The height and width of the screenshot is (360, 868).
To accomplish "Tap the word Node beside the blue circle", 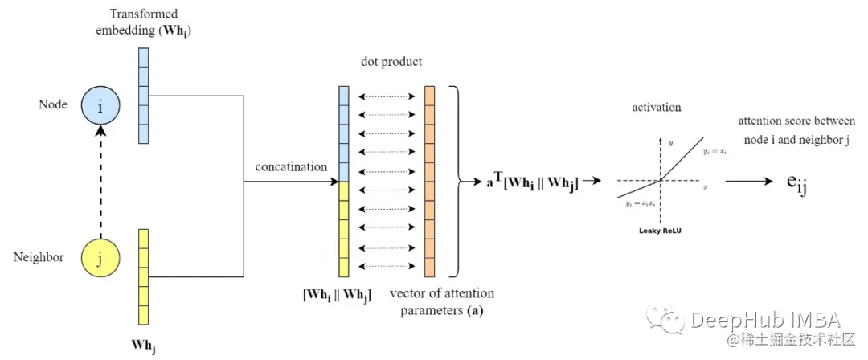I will click(52, 105).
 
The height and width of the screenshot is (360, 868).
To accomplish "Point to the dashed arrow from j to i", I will click(100, 181).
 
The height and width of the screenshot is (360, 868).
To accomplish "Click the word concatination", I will click(291, 166).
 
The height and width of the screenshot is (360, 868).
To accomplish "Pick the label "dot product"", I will click(391, 61).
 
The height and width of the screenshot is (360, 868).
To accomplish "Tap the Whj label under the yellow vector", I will click(143, 346).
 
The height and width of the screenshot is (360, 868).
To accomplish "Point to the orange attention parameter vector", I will click(430, 181).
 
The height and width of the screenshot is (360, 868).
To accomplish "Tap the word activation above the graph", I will click(657, 107).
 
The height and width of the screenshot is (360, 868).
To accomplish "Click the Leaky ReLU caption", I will click(659, 230).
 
